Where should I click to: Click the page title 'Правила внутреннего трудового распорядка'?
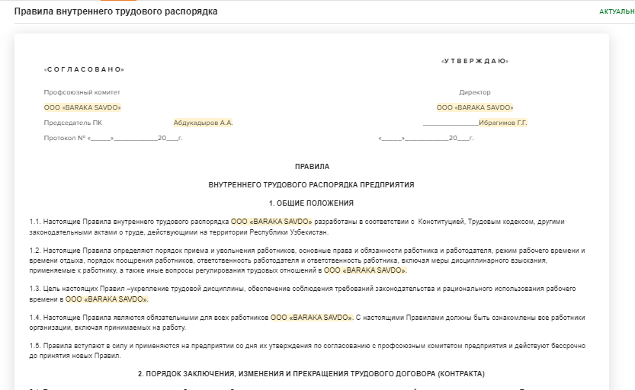(x=116, y=11)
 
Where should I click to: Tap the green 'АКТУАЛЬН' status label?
(x=616, y=12)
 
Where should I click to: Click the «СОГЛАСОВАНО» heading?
(x=84, y=69)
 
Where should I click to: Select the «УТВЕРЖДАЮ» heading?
(x=475, y=61)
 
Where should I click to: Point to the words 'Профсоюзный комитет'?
(x=72, y=92)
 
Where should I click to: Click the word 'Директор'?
(x=475, y=92)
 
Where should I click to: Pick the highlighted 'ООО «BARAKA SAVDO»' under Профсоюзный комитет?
(x=82, y=107)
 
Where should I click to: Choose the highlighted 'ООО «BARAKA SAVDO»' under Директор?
(x=475, y=107)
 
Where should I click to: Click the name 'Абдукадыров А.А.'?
(x=203, y=123)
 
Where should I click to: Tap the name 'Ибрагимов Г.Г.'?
(x=503, y=123)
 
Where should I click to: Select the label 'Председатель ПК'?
(x=72, y=123)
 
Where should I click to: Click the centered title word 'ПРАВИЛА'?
(x=312, y=165)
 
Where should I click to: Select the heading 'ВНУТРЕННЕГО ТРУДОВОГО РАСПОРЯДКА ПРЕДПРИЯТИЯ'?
(x=311, y=184)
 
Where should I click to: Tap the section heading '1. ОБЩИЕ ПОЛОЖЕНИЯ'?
(x=311, y=203)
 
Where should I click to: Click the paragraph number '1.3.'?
(x=35, y=289)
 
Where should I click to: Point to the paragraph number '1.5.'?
(x=35, y=347)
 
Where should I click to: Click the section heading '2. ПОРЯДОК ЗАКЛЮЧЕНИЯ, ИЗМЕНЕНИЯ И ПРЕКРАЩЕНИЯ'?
(x=311, y=373)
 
